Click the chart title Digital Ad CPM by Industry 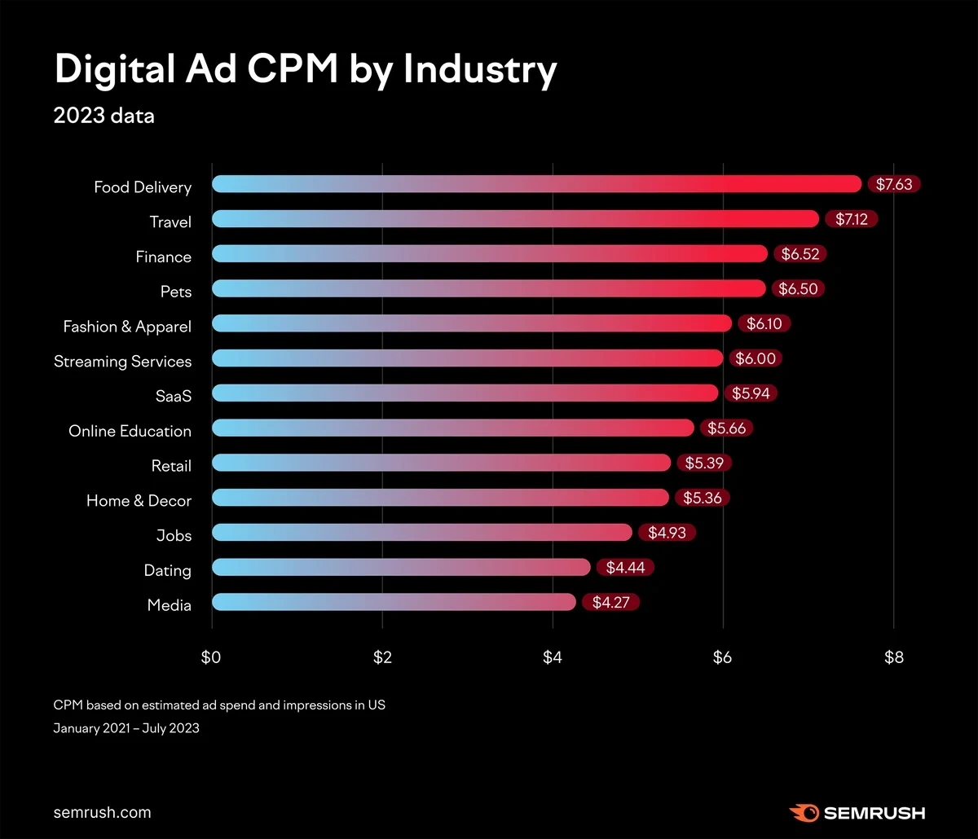pyautogui.click(x=306, y=71)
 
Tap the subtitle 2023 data pyautogui.click(x=104, y=116)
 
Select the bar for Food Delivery pyautogui.click(x=536, y=184)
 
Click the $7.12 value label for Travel pyautogui.click(x=851, y=219)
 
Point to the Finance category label pyautogui.click(x=163, y=257)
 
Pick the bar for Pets pyautogui.click(x=489, y=288)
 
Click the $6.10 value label pyautogui.click(x=764, y=324)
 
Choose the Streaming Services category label pyautogui.click(x=122, y=362)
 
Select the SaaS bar pyautogui.click(x=465, y=393)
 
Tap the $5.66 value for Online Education pyautogui.click(x=726, y=428)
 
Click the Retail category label pyautogui.click(x=171, y=467)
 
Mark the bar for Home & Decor pyautogui.click(x=440, y=498)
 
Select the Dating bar pyautogui.click(x=401, y=568)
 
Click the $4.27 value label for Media pyautogui.click(x=610, y=603)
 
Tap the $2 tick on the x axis pyautogui.click(x=382, y=657)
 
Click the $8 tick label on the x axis pyautogui.click(x=894, y=657)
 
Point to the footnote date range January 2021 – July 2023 pyautogui.click(x=126, y=728)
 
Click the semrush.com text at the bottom pyautogui.click(x=102, y=812)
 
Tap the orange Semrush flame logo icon pyautogui.click(x=804, y=812)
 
